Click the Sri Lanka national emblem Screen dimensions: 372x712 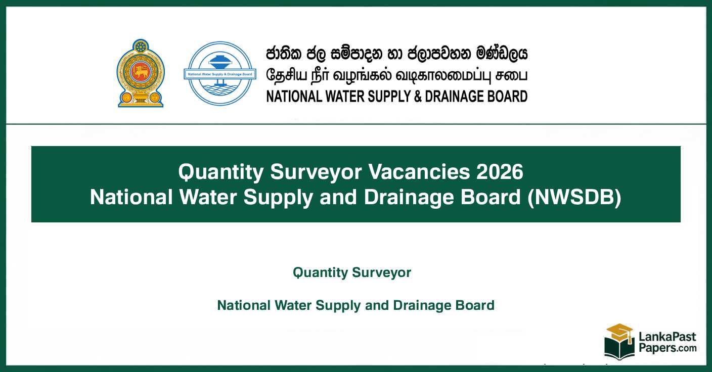pyautogui.click(x=141, y=73)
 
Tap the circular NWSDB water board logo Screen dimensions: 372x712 pyautogui.click(x=219, y=74)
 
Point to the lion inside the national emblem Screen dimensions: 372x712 pyautogui.click(x=141, y=72)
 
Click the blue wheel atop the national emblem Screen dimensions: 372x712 pyautogui.click(x=141, y=46)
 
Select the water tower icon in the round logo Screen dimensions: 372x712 pyautogui.click(x=219, y=61)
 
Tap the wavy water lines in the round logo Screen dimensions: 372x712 pyautogui.click(x=219, y=90)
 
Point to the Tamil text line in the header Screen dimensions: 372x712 pyautogui.click(x=396, y=75)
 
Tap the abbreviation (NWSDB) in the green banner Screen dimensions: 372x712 pyautogui.click(x=574, y=197)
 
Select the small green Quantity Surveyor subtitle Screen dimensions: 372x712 pyautogui.click(x=352, y=273)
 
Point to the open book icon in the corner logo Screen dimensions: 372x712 pyautogui.click(x=619, y=349)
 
